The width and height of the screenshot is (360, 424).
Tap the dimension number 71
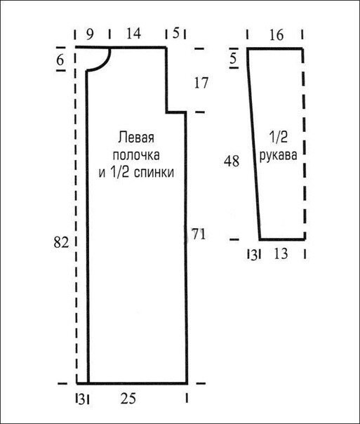tap(197, 235)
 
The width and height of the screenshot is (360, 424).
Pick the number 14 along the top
tap(133, 32)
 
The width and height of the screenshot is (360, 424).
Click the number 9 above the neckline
tap(90, 32)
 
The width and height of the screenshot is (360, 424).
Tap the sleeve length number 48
tap(232, 161)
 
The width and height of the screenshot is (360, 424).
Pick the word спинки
tap(158, 171)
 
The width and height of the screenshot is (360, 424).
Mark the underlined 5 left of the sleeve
tap(233, 59)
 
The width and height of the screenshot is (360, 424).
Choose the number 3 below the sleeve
tap(252, 253)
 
